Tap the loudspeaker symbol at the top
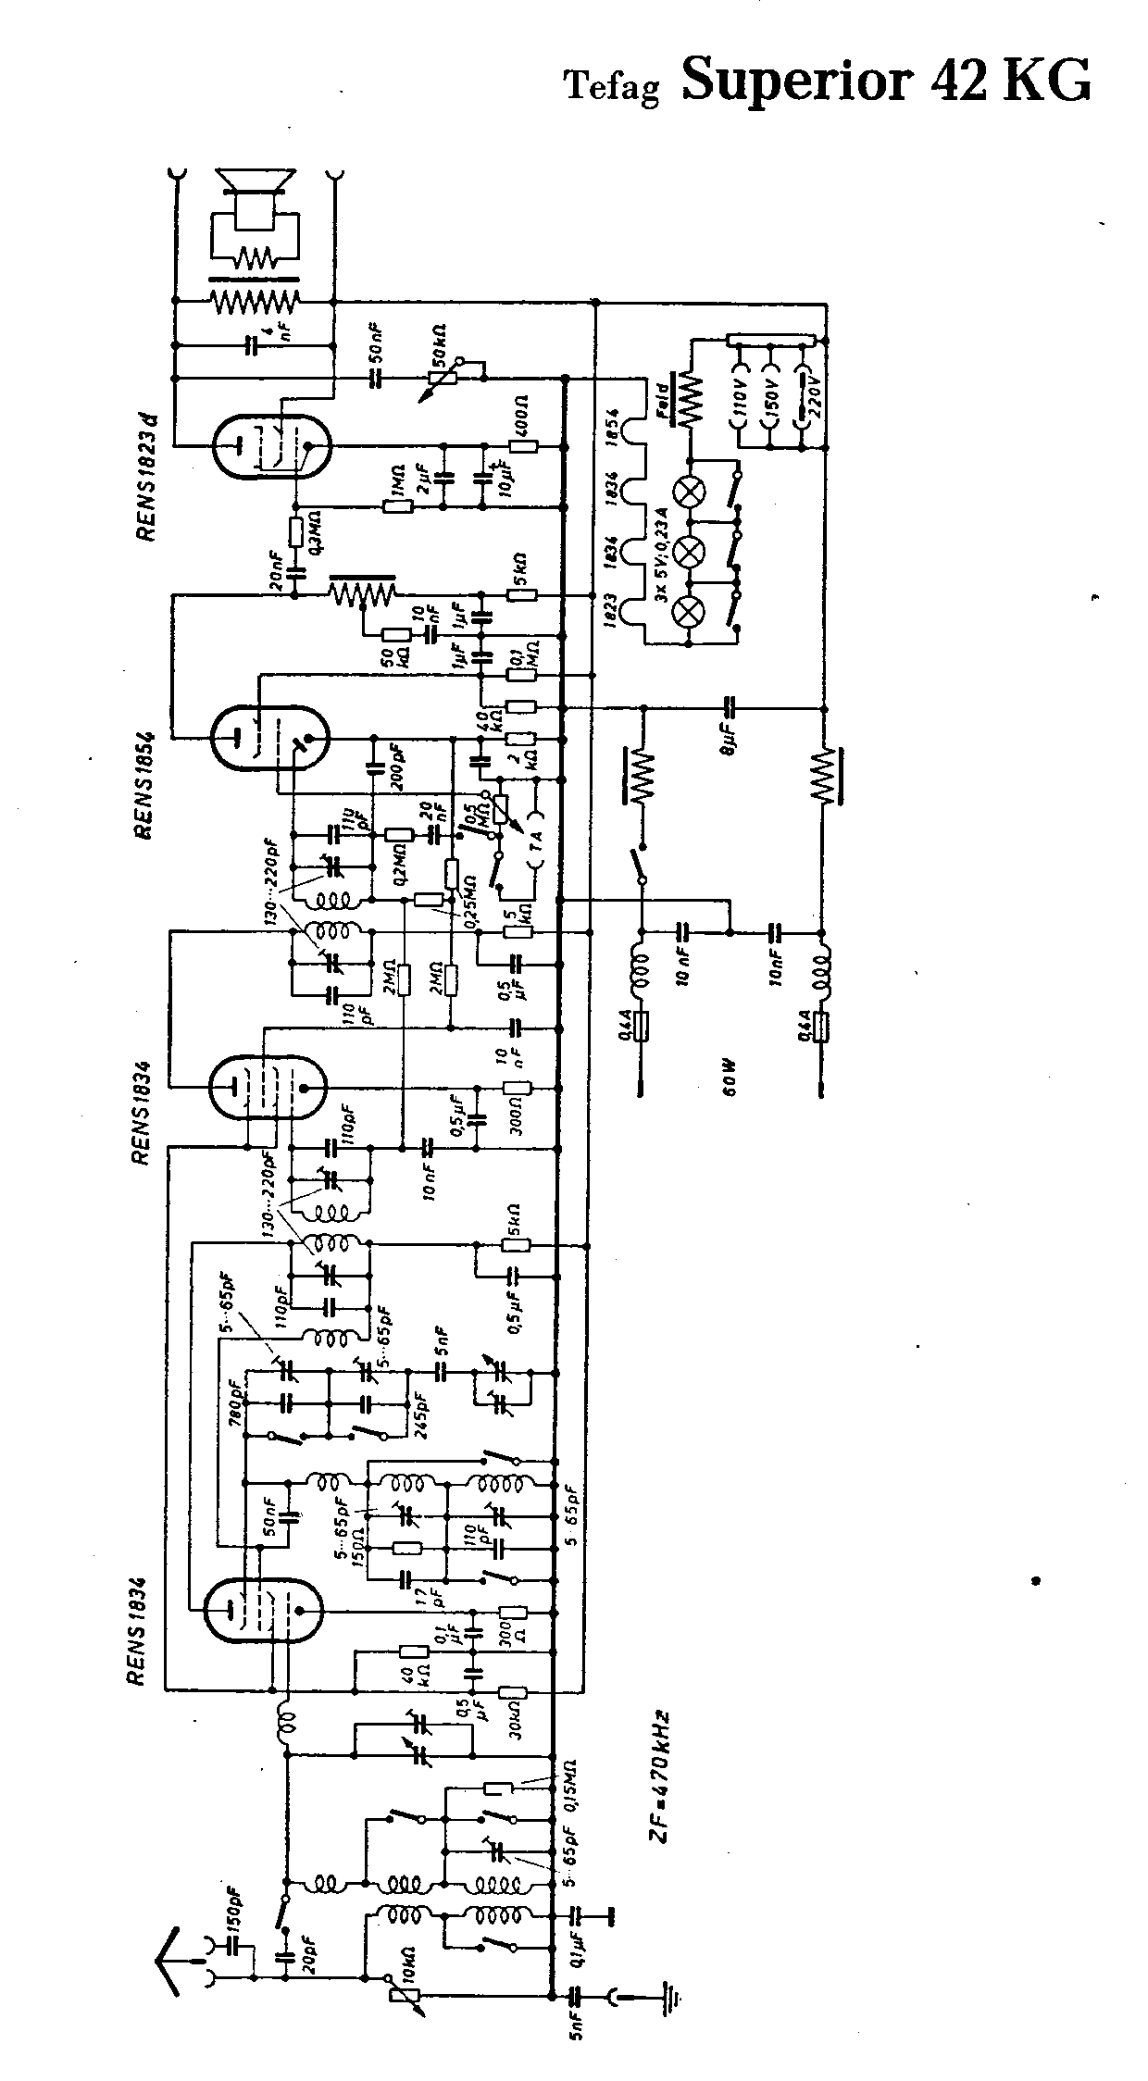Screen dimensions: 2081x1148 point(254,195)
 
